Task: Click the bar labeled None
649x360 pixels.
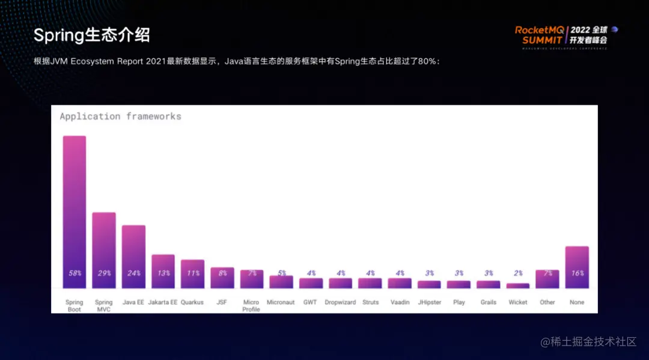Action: [x=577, y=261]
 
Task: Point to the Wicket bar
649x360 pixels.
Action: [x=518, y=285]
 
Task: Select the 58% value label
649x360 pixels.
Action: [x=75, y=273]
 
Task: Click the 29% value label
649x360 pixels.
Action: [x=104, y=273]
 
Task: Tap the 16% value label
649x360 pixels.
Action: [x=577, y=273]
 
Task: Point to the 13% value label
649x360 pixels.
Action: [x=163, y=273]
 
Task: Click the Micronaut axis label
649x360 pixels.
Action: [x=281, y=302]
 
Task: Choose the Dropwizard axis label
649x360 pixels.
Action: [x=340, y=302]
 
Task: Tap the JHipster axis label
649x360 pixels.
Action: [x=429, y=302]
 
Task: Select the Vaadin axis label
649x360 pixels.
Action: [x=400, y=302]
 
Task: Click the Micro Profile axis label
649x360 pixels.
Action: [x=251, y=306]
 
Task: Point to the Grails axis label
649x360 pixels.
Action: [x=489, y=302]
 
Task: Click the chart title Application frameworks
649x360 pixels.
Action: [x=120, y=117]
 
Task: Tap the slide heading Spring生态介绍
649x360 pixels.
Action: [x=91, y=35]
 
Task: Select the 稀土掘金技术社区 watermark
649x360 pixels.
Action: [x=588, y=342]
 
